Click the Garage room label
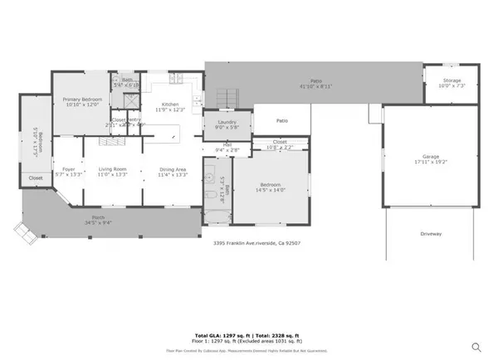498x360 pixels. (x=429, y=156)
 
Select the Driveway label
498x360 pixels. (x=430, y=235)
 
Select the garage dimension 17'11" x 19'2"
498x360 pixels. (x=429, y=163)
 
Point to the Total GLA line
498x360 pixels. (x=249, y=333)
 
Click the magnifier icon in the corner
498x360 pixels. (x=476, y=347)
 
